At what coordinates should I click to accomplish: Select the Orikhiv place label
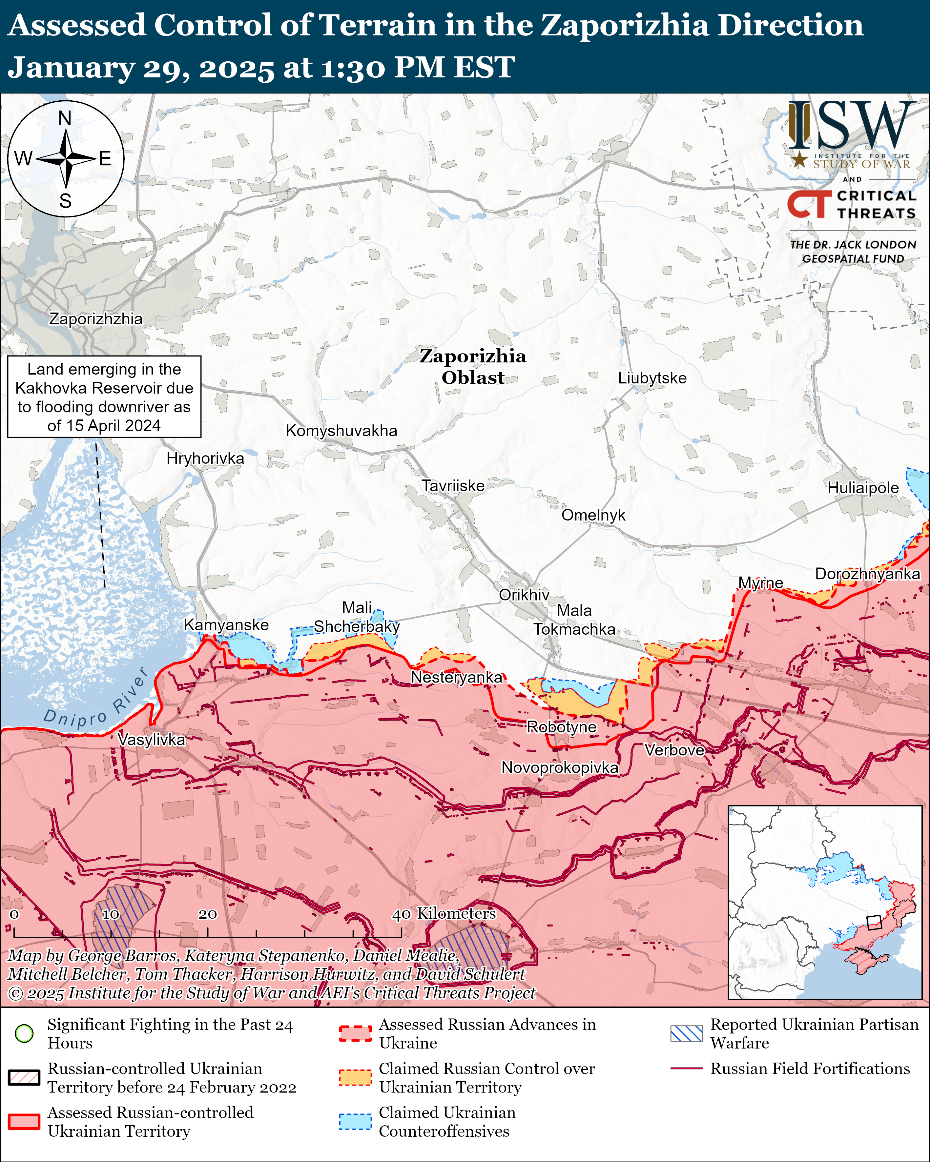pos(524,595)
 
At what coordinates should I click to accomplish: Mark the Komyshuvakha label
pos(341,431)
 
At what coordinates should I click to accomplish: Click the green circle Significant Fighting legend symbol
pos(24,1033)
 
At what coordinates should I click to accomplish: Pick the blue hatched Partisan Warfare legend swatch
pos(686,1033)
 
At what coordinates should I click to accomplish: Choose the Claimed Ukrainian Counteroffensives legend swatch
pos(355,1122)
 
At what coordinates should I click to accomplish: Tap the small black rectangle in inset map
pos(874,922)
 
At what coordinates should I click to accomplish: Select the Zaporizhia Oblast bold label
pos(472,366)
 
